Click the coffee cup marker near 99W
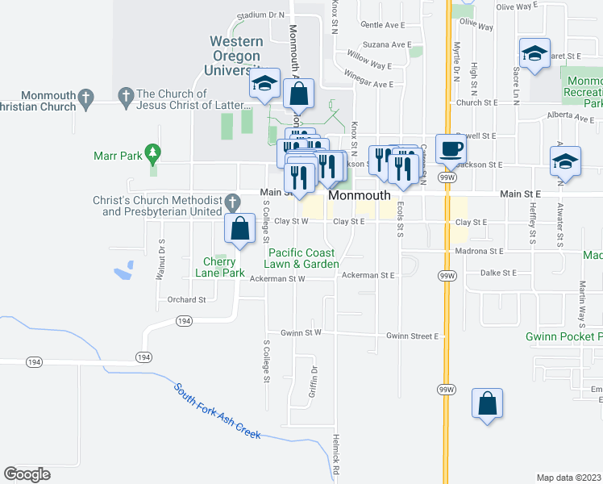point(451,148)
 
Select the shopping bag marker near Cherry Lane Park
point(240,228)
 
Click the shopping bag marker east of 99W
point(487,404)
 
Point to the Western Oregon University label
point(235,56)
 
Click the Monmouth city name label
point(360,196)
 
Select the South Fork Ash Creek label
point(217,410)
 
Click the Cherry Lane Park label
point(219,267)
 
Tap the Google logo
point(27,474)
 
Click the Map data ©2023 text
point(568,478)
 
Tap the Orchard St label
point(187,299)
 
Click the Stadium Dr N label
point(262,15)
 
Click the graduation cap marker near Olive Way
point(534,54)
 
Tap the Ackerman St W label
point(277,278)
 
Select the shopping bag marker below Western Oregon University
point(298,94)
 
